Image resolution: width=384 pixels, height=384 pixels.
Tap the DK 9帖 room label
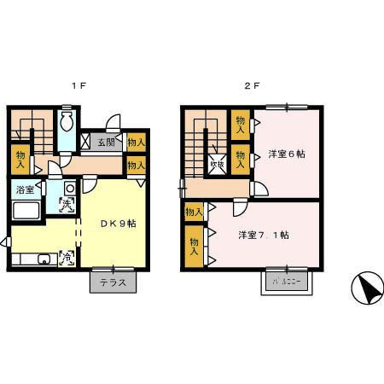click(x=119, y=224)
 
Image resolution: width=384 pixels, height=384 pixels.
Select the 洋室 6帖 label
click(x=287, y=154)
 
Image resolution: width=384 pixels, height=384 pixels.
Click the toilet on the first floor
click(x=67, y=123)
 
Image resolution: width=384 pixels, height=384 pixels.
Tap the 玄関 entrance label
click(x=106, y=143)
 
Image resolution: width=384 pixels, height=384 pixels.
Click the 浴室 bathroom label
click(x=24, y=189)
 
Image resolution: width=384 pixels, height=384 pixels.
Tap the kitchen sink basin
click(x=45, y=259)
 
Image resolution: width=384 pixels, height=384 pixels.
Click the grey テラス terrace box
click(x=113, y=281)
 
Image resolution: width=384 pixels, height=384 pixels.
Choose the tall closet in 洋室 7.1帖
click(x=195, y=247)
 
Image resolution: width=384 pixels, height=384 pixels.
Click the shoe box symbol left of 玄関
click(x=85, y=143)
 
